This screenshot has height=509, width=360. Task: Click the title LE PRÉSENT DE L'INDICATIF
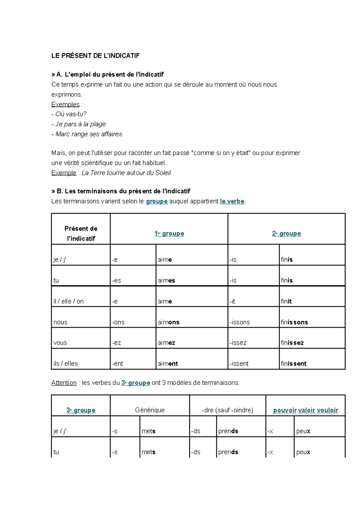tap(95, 56)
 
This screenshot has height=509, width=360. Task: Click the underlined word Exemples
tap(65, 104)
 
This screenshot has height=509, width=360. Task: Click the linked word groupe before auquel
tap(157, 201)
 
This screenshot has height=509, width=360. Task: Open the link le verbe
tap(232, 201)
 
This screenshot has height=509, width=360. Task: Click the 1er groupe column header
tap(169, 234)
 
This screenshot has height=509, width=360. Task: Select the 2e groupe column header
tap(286, 234)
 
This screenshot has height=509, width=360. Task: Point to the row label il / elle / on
tap(68, 301)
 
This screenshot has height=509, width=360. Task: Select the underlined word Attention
tap(64, 383)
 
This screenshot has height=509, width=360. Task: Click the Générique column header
tap(150, 410)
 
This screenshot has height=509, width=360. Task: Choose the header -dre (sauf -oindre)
tap(228, 410)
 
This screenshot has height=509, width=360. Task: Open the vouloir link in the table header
tap(328, 410)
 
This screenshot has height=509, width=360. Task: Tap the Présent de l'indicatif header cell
tap(81, 233)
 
